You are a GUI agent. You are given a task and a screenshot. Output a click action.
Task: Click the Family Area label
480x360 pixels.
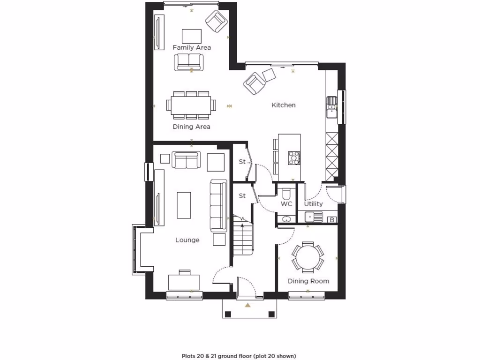192,47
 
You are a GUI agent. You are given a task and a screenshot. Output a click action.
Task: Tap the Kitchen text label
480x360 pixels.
284,105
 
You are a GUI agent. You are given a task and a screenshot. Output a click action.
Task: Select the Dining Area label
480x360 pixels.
191,127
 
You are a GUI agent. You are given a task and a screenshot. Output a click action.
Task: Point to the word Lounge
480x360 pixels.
187,240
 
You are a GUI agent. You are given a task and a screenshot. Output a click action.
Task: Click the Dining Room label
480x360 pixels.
308,281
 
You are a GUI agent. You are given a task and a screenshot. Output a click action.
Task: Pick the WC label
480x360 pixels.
286,204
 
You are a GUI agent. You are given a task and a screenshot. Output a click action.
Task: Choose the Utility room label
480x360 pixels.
313,204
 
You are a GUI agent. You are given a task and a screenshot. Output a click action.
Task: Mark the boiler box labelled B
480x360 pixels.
332,219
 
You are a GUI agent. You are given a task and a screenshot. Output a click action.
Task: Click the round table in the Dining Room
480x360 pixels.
308,257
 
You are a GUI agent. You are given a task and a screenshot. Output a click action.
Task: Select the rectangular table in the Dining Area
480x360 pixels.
191,104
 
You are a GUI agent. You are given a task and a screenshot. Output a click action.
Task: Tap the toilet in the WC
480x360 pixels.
286,193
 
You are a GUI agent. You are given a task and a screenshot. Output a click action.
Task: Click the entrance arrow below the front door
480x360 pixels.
248,305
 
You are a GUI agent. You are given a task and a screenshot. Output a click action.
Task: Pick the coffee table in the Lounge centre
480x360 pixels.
184,205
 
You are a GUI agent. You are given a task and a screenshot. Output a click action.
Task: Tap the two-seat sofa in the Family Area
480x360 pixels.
189,62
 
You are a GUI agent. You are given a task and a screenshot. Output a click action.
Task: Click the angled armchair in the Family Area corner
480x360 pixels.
216,21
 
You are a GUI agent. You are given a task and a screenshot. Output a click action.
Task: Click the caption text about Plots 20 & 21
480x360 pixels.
239,356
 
